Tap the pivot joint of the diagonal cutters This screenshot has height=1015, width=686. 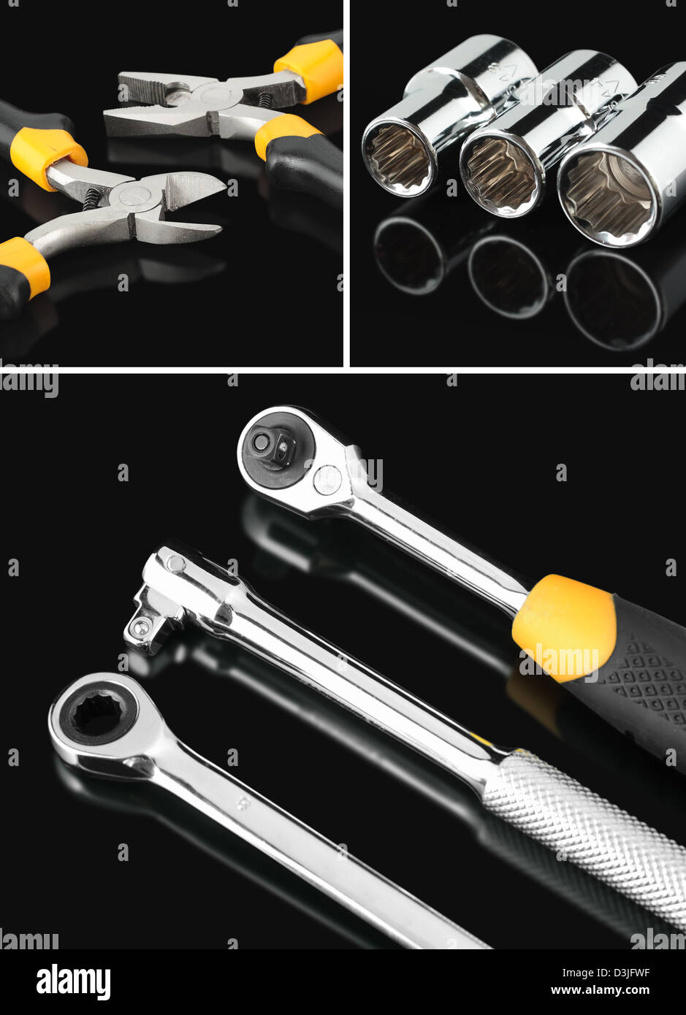(x=134, y=196)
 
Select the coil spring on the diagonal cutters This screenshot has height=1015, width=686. (x=92, y=199)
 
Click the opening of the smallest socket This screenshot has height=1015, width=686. (x=398, y=158)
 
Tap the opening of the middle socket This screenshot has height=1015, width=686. (x=500, y=175)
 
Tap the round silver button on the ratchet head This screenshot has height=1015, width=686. (x=327, y=480)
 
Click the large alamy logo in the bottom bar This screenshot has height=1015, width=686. (x=73, y=982)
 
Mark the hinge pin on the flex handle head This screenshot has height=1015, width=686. (x=175, y=562)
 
